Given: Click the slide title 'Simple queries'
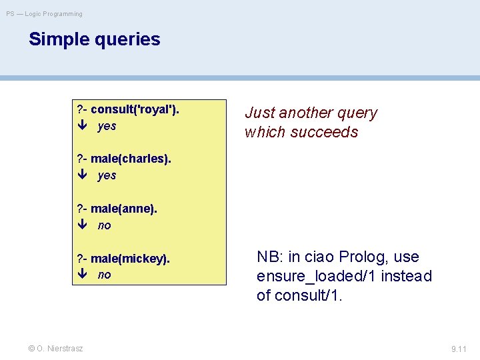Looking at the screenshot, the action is [x=94, y=39].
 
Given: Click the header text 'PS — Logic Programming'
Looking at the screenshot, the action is [x=45, y=13].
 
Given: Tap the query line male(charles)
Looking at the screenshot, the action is [x=124, y=159].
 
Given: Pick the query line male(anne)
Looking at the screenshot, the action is [x=117, y=209].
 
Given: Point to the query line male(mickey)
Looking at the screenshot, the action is [x=123, y=258].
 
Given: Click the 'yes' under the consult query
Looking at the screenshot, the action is [x=107, y=126].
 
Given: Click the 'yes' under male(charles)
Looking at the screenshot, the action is [x=107, y=175].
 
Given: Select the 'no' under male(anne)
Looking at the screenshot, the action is [x=105, y=225].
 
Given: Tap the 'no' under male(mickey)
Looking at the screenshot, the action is [x=105, y=275].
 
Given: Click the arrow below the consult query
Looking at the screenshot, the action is [x=82, y=126].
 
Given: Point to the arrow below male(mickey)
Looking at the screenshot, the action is [x=82, y=275].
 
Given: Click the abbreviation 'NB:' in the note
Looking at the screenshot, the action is [x=270, y=257].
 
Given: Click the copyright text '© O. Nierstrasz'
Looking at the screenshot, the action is [x=55, y=348].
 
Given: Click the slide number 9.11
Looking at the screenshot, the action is [x=459, y=349].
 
